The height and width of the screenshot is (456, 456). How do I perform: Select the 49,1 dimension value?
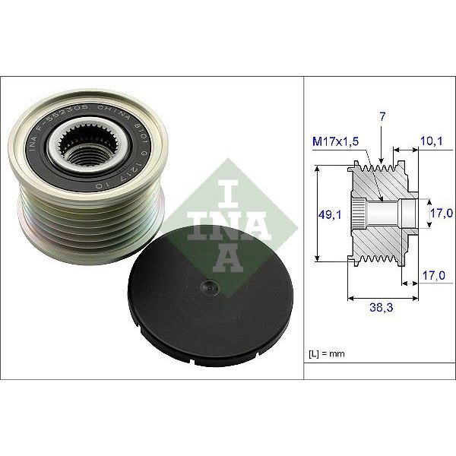click(x=329, y=215)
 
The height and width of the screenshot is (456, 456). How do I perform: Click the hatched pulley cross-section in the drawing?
click(x=380, y=239)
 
